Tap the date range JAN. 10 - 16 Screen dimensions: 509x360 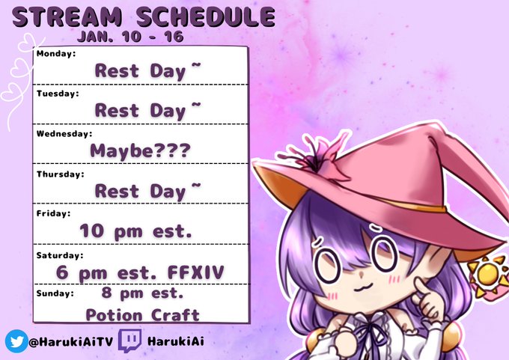(130, 37)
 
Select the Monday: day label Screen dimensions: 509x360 (56, 54)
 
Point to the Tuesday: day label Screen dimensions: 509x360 (58, 94)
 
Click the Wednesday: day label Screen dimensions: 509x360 (64, 134)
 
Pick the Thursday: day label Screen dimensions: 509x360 (61, 174)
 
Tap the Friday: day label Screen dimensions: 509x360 (53, 213)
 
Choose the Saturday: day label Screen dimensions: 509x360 (60, 255)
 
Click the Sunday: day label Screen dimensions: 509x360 (55, 293)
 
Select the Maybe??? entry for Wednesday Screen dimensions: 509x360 (140, 151)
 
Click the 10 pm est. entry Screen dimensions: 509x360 (135, 231)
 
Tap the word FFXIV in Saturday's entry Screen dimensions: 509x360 (196, 272)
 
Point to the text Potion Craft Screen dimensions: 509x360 (142, 315)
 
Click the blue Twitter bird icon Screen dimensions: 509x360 (16, 341)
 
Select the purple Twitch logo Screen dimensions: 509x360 (129, 341)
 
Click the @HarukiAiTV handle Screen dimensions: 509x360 (71, 341)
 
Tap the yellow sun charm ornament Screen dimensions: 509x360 (488, 275)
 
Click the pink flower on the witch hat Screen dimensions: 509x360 (318, 156)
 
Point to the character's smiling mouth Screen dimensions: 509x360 (362, 287)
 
